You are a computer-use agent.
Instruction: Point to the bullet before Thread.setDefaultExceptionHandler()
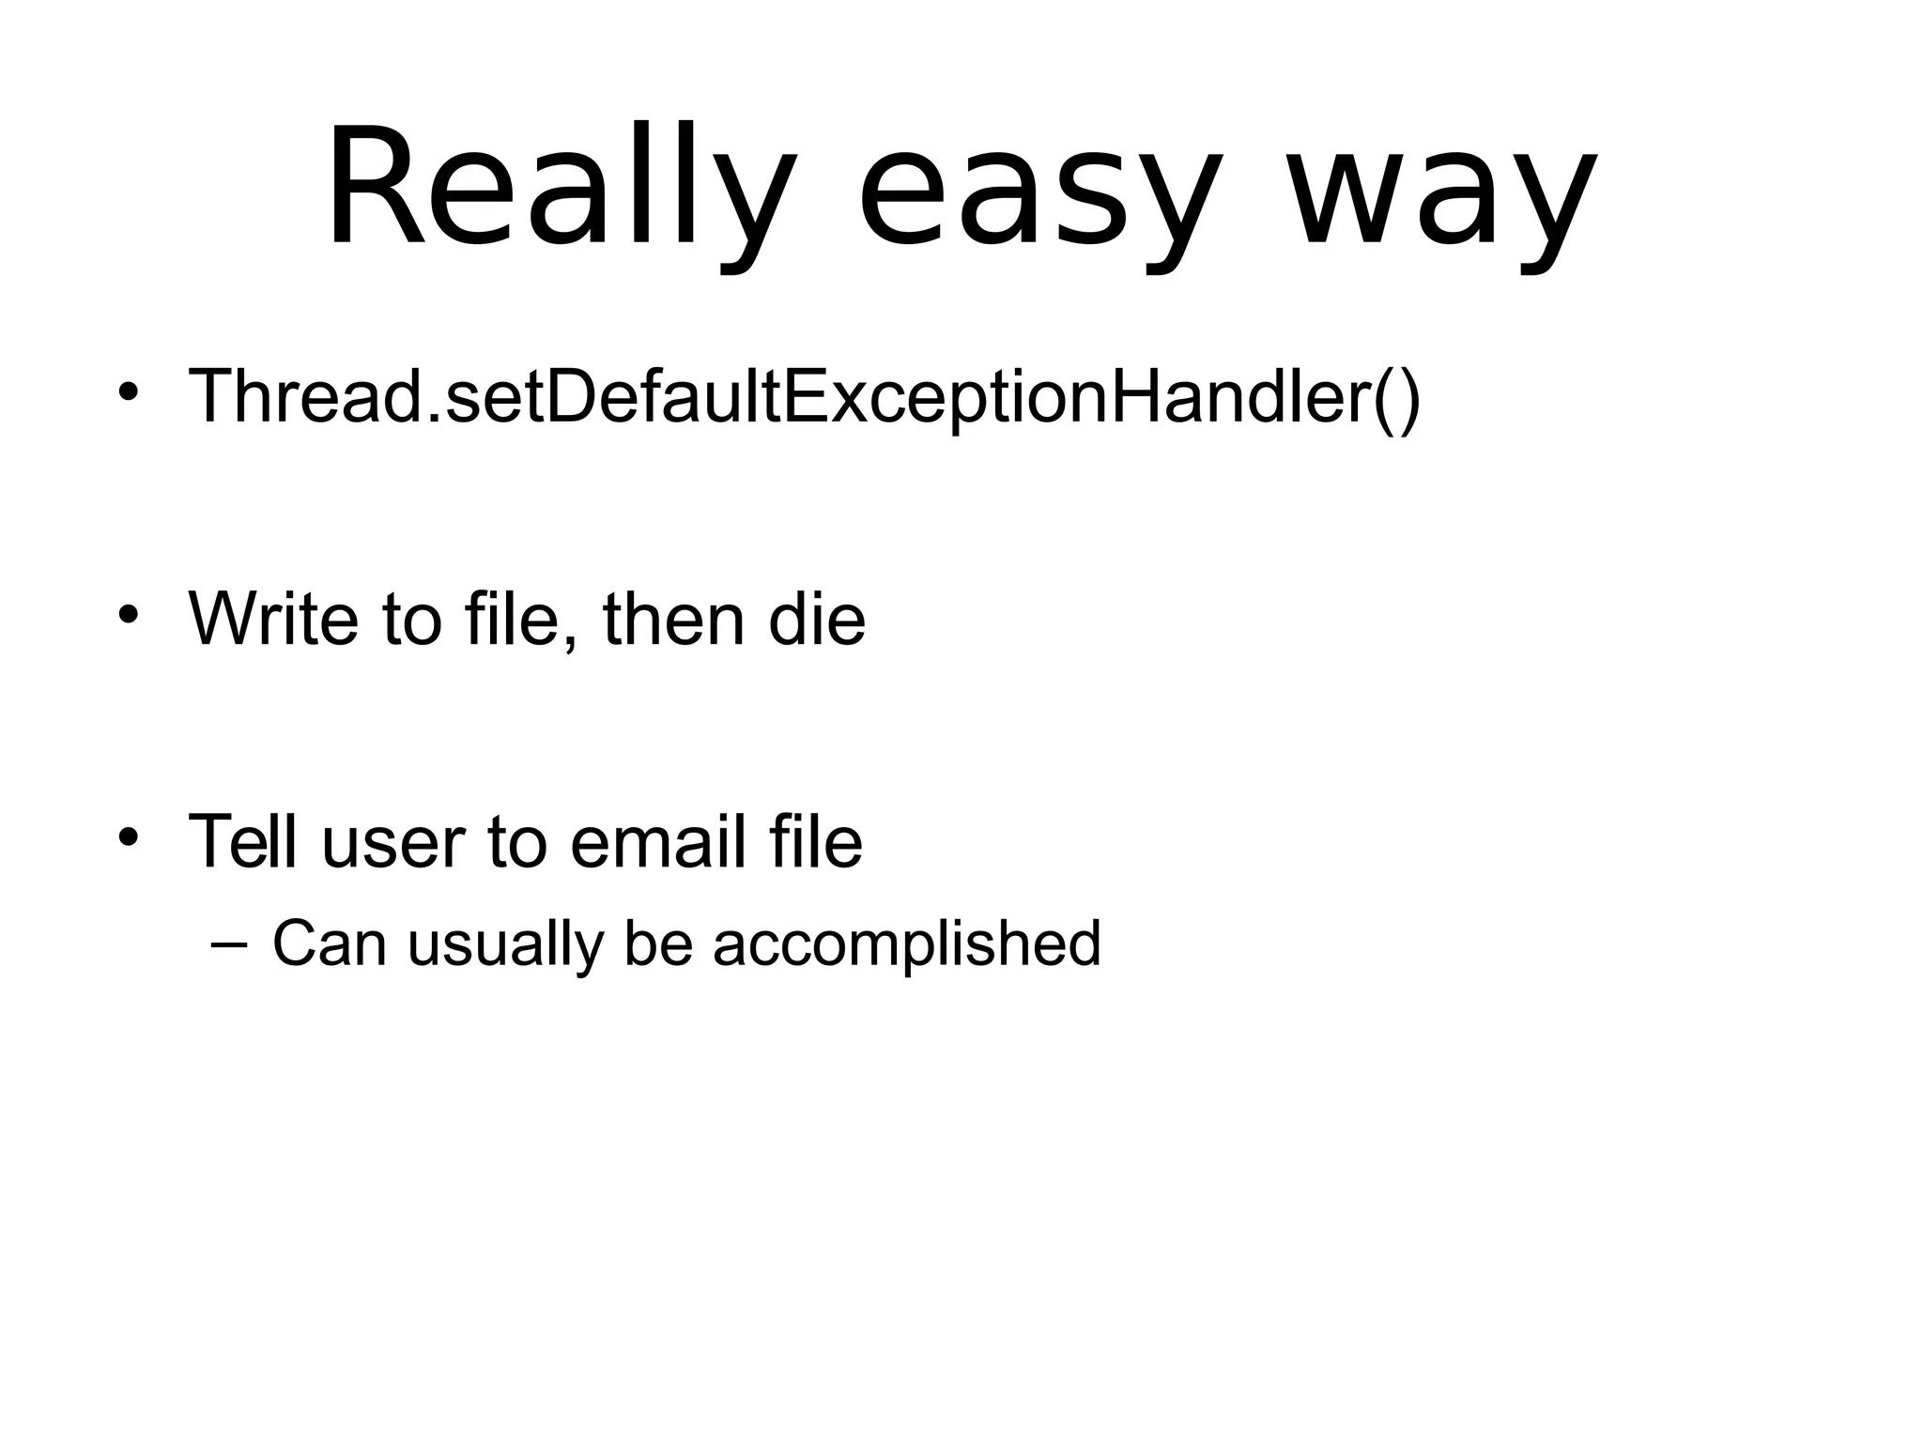coord(129,392)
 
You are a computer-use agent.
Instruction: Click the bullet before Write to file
coord(129,615)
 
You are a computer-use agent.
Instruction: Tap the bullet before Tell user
coord(129,836)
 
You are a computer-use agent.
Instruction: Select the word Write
coord(273,619)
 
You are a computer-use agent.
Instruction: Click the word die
coord(816,619)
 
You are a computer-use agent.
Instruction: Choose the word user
coord(392,843)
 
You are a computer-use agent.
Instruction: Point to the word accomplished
coord(906,943)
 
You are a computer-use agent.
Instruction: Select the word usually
coord(505,943)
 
